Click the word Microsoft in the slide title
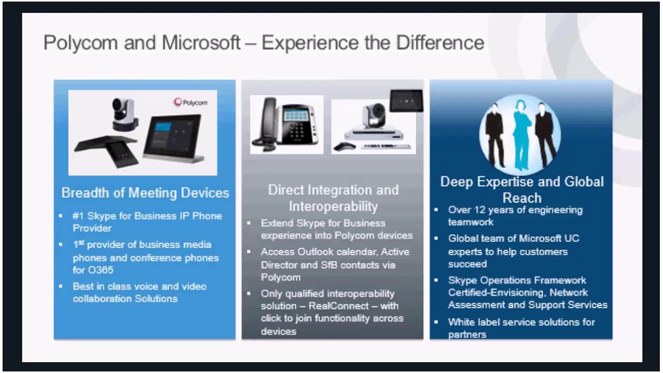pyautogui.click(x=201, y=42)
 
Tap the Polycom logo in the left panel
pyautogui.click(x=191, y=102)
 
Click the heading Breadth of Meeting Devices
pyautogui.click(x=145, y=193)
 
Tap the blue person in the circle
pyautogui.click(x=520, y=132)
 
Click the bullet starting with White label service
pyautogui.click(x=521, y=328)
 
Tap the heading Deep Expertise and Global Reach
pyautogui.click(x=522, y=190)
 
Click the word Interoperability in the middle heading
pyautogui.click(x=333, y=206)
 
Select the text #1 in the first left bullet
pyautogui.click(x=78, y=216)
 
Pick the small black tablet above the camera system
pyautogui.click(x=406, y=101)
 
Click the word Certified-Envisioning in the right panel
pyautogui.click(x=495, y=293)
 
